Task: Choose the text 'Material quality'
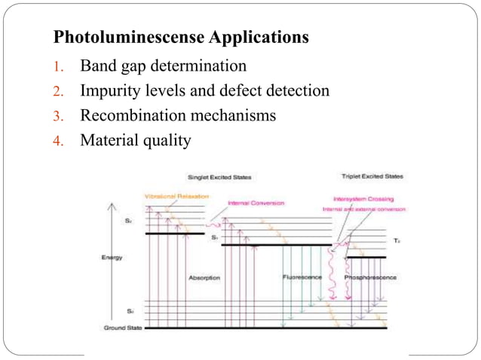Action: [x=136, y=141]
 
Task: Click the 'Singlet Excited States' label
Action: [x=219, y=177]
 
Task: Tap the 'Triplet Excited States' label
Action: [x=372, y=176]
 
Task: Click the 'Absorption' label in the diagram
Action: [x=204, y=277]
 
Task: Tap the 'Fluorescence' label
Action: [x=302, y=277]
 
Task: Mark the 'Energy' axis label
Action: [x=112, y=258]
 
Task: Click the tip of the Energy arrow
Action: [x=112, y=203]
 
